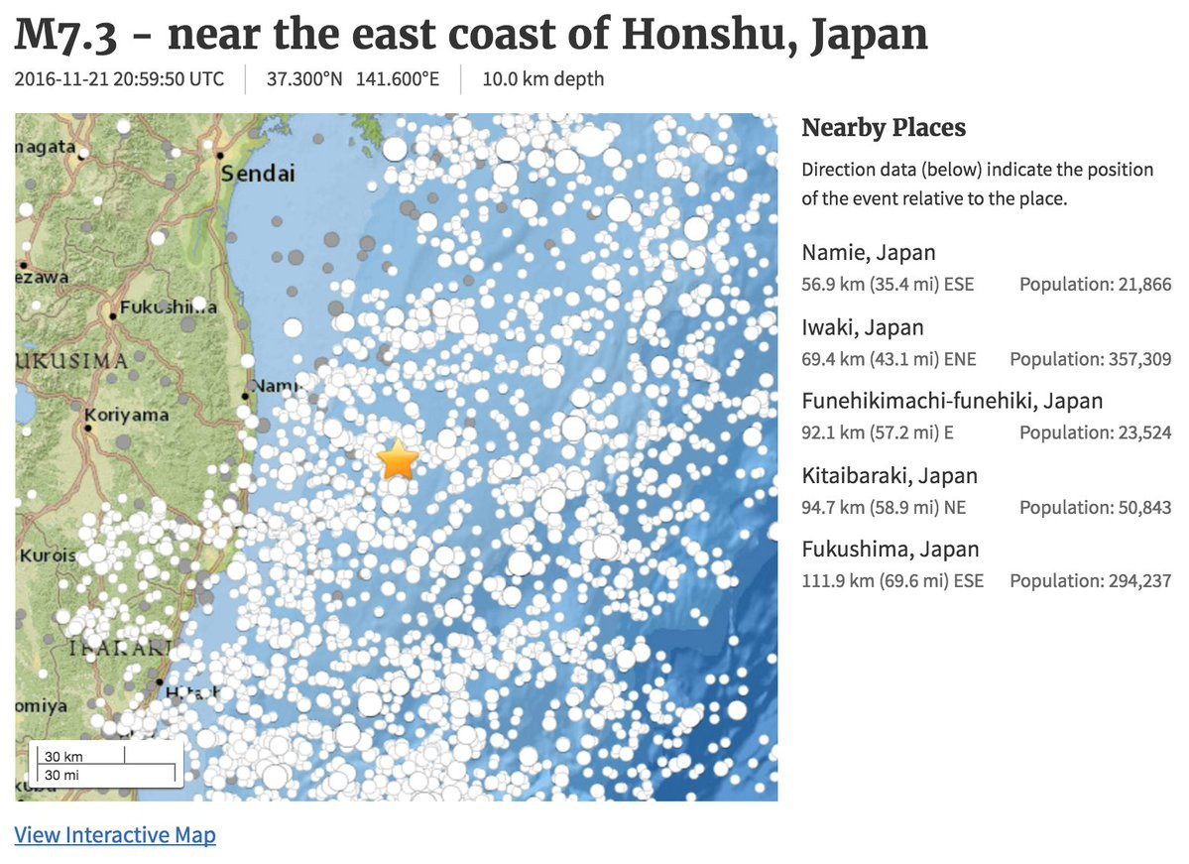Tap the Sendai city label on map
pyautogui.click(x=258, y=174)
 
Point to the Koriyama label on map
pyautogui.click(x=127, y=415)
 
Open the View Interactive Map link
pyautogui.click(x=115, y=835)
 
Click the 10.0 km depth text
pyautogui.click(x=542, y=79)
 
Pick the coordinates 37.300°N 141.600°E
pyautogui.click(x=352, y=79)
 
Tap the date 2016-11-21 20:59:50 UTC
pyautogui.click(x=120, y=79)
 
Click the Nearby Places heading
pyautogui.click(x=884, y=128)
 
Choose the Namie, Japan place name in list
pyautogui.click(x=869, y=253)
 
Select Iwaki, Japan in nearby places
pyautogui.click(x=863, y=327)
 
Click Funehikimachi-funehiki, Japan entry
pyautogui.click(x=952, y=401)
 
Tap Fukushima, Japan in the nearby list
pyautogui.click(x=891, y=550)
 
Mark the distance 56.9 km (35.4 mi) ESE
pyautogui.click(x=888, y=285)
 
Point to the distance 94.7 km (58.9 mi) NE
pyautogui.click(x=884, y=507)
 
